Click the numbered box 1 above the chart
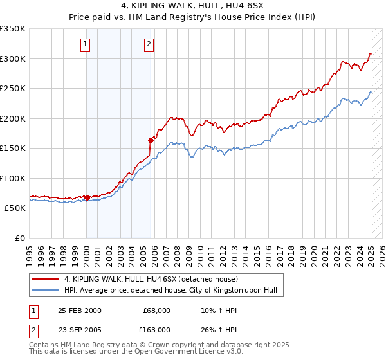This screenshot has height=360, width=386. tap(86, 44)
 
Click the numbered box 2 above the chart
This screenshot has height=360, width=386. tap(149, 44)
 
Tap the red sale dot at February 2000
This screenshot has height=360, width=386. tap(87, 198)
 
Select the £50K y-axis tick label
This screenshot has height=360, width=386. tap(15, 208)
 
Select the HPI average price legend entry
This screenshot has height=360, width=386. tap(170, 290)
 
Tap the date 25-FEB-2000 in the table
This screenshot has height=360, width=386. tap(79, 310)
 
